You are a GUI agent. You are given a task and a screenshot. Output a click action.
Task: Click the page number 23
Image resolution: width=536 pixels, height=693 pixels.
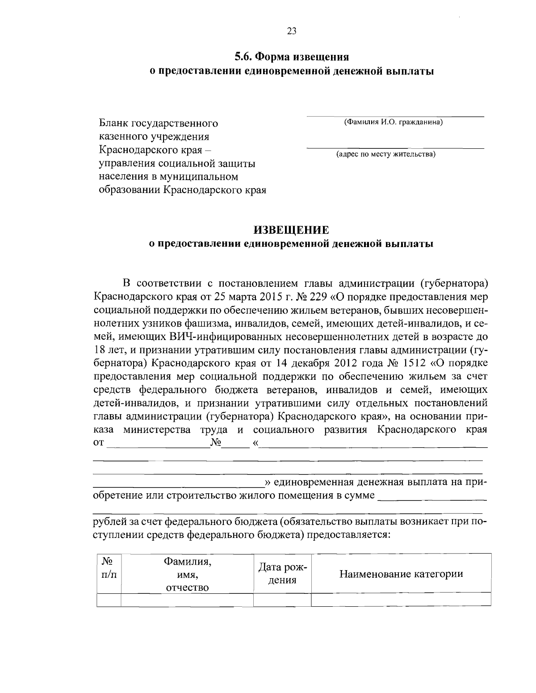click(291, 31)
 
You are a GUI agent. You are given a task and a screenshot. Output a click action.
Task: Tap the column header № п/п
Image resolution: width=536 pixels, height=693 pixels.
click(109, 567)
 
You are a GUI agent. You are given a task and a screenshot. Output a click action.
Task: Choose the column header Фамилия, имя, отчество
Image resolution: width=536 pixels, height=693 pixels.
click(187, 574)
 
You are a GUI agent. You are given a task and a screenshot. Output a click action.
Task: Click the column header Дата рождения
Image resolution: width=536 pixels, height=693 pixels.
click(282, 574)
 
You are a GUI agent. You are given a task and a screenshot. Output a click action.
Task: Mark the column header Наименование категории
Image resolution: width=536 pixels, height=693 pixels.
click(401, 574)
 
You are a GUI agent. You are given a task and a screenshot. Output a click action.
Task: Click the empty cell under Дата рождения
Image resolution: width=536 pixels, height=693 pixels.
click(282, 599)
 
